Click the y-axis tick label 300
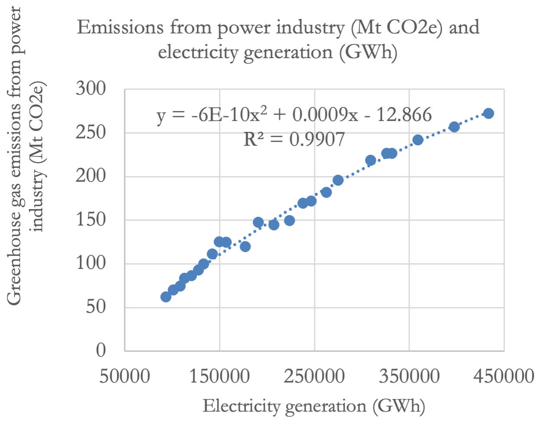pyautogui.click(x=91, y=89)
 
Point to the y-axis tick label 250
pyautogui.click(x=91, y=132)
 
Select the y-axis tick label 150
pyautogui.click(x=91, y=219)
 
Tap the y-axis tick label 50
pyautogui.click(x=96, y=307)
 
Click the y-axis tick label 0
pyautogui.click(x=101, y=350)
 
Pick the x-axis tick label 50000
pyautogui.click(x=125, y=376)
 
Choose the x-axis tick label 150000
pyautogui.click(x=220, y=376)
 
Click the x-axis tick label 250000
pyautogui.click(x=314, y=376)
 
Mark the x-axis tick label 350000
pyautogui.click(x=409, y=376)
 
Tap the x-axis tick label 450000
pyautogui.click(x=504, y=376)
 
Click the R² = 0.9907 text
pyautogui.click(x=294, y=139)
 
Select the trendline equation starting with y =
pyautogui.click(x=294, y=115)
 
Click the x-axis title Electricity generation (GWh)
pyautogui.click(x=314, y=406)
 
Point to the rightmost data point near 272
pyautogui.click(x=488, y=113)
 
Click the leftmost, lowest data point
pyautogui.click(x=166, y=297)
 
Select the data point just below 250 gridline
pyautogui.click(x=417, y=140)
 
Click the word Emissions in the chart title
pyautogui.click(x=120, y=28)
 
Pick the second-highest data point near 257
pyautogui.click(x=454, y=127)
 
